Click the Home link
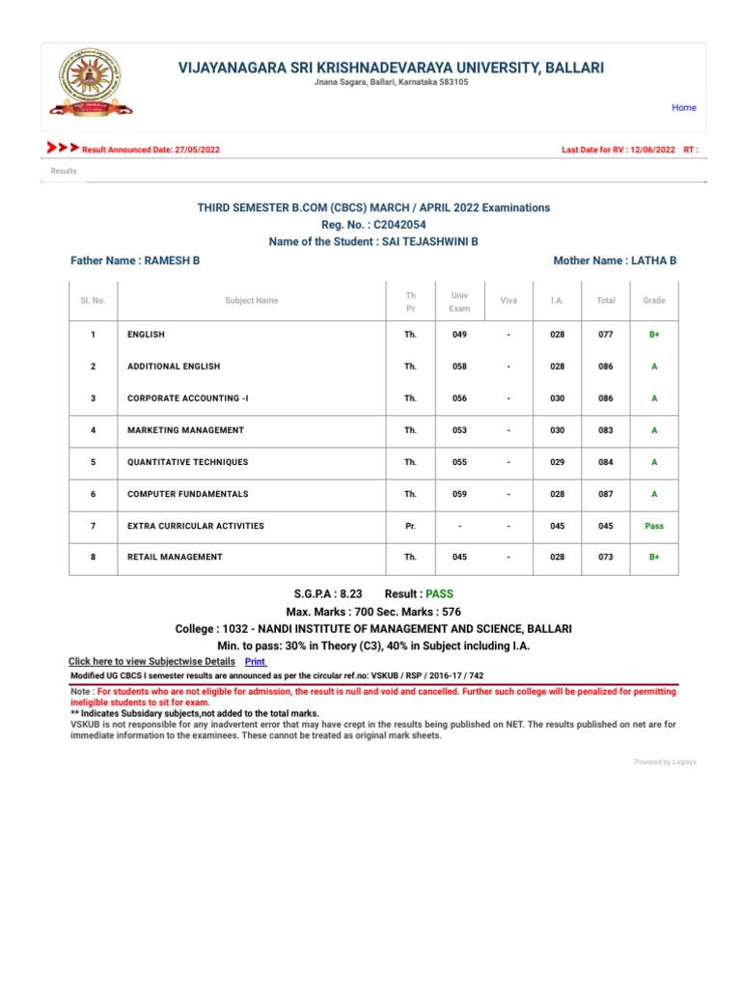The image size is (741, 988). coord(684,108)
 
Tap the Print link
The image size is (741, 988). coord(255,661)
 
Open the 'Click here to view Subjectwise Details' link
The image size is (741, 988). coord(151,661)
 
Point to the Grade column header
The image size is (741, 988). coord(653,300)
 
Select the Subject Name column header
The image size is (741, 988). coord(251,300)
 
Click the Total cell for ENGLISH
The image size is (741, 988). coord(605,335)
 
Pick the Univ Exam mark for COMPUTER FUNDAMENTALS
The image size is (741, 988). coord(458,494)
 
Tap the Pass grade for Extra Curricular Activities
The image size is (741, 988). coord(653,526)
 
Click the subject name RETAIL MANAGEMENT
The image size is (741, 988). coord(175,557)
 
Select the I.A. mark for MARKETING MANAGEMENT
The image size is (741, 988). coord(557,430)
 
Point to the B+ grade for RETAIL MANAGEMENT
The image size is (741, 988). coord(653,557)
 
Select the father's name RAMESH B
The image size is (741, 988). coord(172,261)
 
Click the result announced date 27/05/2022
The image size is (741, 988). coord(192,151)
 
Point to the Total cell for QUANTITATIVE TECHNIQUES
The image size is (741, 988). coord(605,462)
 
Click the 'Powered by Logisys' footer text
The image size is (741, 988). coord(664,762)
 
